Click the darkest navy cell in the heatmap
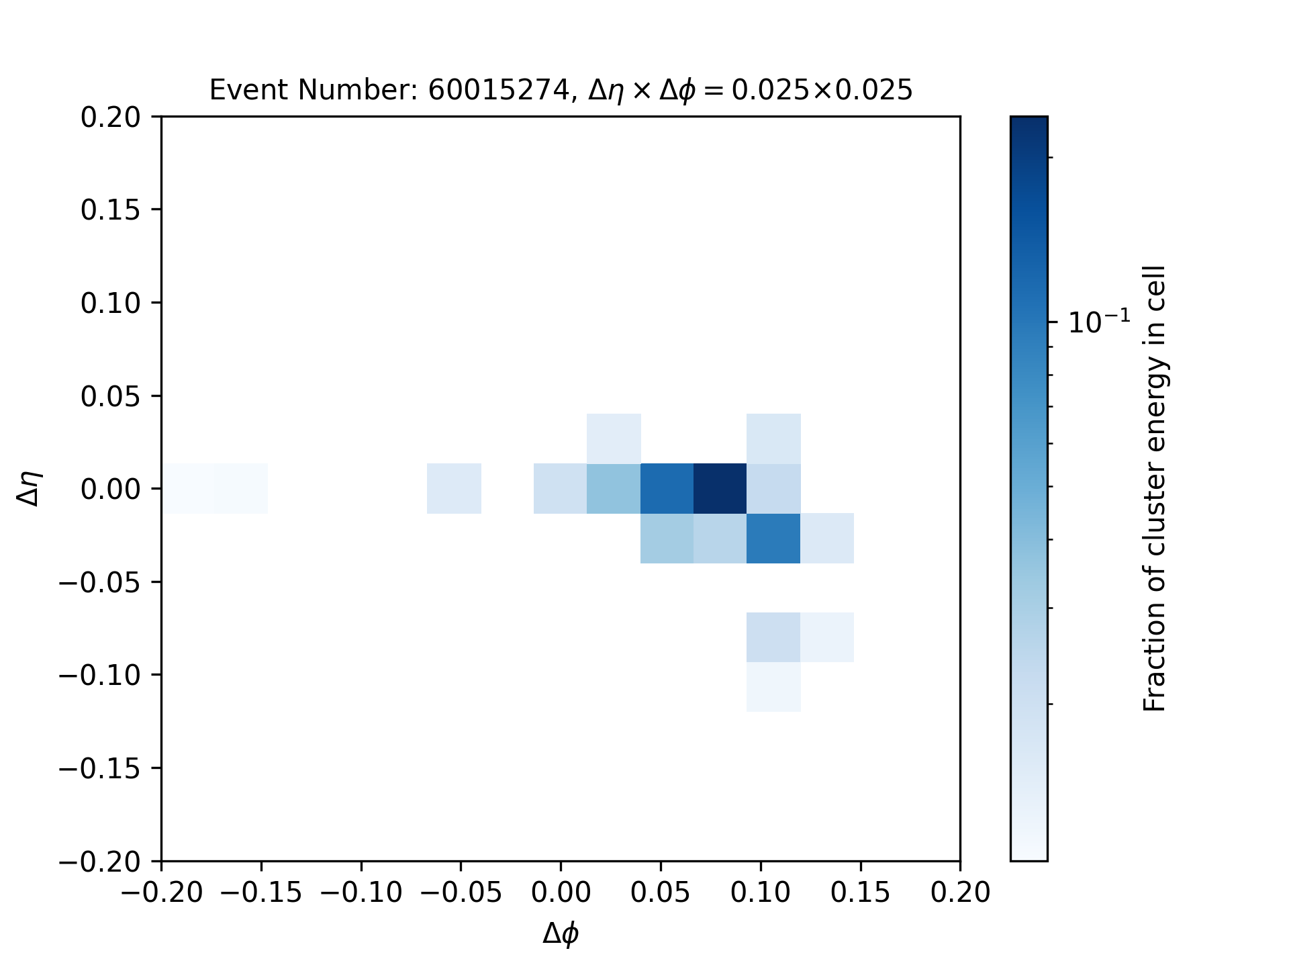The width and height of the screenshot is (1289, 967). pyautogui.click(x=720, y=488)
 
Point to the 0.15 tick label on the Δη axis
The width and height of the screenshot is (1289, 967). pyautogui.click(x=111, y=210)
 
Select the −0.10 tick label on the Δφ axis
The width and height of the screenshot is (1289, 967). pyautogui.click(x=361, y=892)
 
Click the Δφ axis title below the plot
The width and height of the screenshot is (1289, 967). pyautogui.click(x=561, y=934)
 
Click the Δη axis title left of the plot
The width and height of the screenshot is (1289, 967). pyautogui.click(x=30, y=488)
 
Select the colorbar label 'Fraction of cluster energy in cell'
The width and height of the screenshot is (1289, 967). pyautogui.click(x=1154, y=488)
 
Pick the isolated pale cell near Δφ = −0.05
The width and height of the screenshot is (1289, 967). pyautogui.click(x=454, y=488)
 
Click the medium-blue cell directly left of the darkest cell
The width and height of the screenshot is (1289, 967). pyautogui.click(x=667, y=488)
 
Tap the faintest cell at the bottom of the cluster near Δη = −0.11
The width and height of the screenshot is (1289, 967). pyautogui.click(x=773, y=686)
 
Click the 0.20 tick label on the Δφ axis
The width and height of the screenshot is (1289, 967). pyautogui.click(x=960, y=892)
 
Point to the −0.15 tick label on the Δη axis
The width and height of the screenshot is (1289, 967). pyautogui.click(x=100, y=768)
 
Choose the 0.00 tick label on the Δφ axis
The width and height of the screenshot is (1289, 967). pyautogui.click(x=561, y=892)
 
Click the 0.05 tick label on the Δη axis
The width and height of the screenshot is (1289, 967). pyautogui.click(x=111, y=396)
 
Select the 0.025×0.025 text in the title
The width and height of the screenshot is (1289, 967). pyautogui.click(x=822, y=90)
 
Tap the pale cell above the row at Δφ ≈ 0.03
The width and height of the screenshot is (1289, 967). pyautogui.click(x=614, y=439)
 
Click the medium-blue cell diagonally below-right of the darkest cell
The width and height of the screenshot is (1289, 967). pyautogui.click(x=773, y=538)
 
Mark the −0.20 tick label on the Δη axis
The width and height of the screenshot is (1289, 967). pyautogui.click(x=100, y=862)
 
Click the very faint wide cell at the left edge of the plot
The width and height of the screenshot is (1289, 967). pyautogui.click(x=215, y=488)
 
